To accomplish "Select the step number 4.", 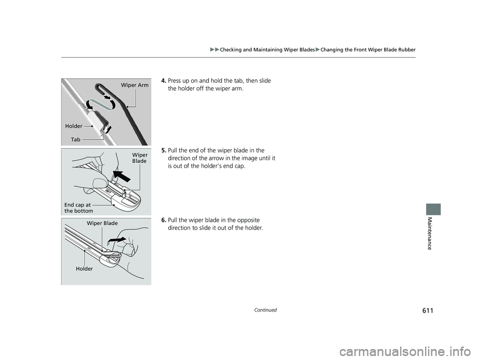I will point(164,81).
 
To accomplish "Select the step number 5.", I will point(164,151).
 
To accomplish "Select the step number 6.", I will point(164,220).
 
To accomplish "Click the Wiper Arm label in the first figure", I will point(135,85).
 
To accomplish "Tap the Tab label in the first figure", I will point(75,140).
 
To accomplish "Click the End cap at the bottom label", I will point(78,208).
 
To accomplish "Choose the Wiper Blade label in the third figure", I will point(102,223).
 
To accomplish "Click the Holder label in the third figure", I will point(84,269).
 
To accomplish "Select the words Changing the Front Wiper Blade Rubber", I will point(369,49).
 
